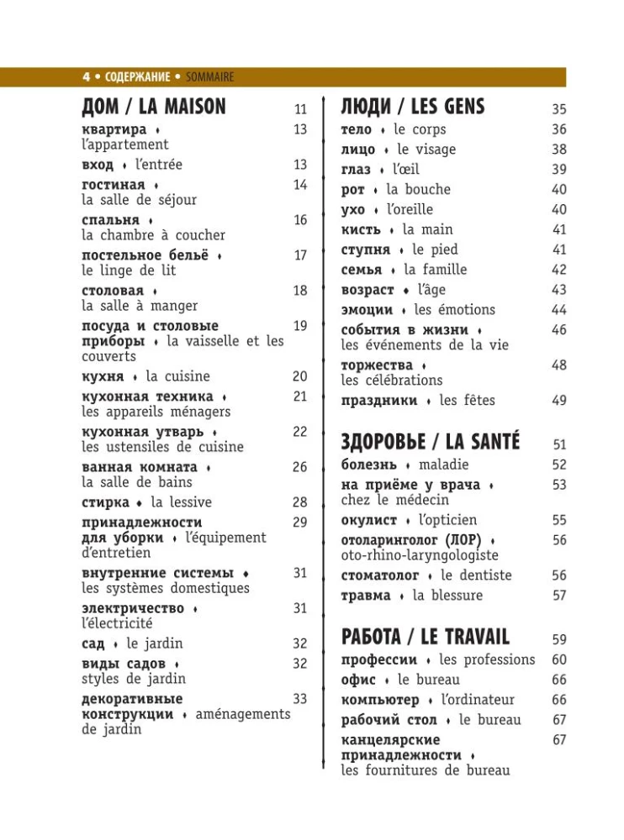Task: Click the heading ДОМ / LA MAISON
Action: click(154, 107)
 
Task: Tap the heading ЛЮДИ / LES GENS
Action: click(412, 107)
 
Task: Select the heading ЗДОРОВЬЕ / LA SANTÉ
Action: click(430, 441)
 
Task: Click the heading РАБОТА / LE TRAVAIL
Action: click(425, 636)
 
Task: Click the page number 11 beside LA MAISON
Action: click(300, 109)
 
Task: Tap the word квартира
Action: click(114, 129)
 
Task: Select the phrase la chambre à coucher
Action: click(153, 235)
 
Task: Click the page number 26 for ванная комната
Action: click(300, 467)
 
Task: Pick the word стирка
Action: click(105, 502)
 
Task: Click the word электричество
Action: click(133, 608)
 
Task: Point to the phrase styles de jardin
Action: click(134, 679)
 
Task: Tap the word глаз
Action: click(356, 170)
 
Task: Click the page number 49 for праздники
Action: click(559, 401)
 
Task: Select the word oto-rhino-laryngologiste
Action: click(420, 555)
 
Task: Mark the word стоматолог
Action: click(379, 575)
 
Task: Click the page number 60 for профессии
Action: click(559, 660)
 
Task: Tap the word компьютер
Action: click(380, 700)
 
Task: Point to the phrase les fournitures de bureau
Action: click(425, 770)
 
